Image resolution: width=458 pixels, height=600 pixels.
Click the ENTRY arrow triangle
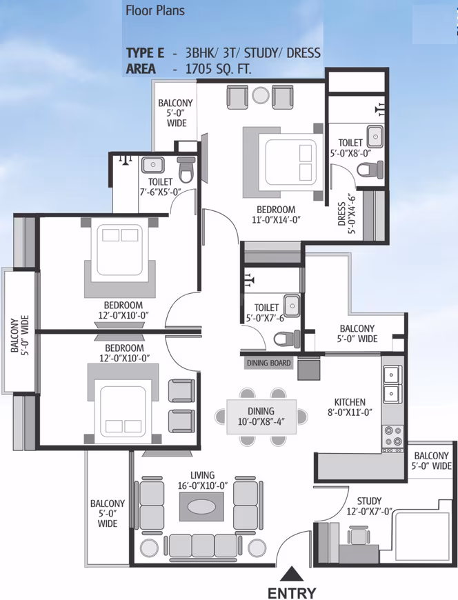coord(292,574)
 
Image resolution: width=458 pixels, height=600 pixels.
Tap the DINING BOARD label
coord(268,363)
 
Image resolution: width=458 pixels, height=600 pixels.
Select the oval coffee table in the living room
coord(201,507)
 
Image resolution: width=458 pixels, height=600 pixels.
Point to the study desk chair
coord(359,534)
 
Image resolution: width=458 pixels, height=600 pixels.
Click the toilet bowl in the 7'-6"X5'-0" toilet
coord(186,170)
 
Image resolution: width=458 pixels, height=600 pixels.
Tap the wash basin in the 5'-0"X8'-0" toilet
coord(375,137)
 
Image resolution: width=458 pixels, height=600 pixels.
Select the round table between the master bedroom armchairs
coord(261,95)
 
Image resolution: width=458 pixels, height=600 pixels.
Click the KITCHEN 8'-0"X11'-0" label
coord(350,407)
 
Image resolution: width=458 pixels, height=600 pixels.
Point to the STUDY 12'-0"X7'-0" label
coord(369,506)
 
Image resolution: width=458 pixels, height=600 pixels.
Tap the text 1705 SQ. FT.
coord(218,69)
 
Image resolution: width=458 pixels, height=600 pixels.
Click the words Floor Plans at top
coord(155,10)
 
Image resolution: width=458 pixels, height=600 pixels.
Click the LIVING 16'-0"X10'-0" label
coord(202,480)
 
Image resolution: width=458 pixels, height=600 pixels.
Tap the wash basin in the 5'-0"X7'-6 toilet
coord(292,306)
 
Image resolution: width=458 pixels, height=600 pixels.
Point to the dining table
coord(261,417)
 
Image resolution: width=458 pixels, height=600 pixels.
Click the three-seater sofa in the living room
coord(203,546)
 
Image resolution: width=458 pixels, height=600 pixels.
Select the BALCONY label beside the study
coord(431,461)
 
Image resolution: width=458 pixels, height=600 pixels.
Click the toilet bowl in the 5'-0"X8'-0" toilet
coord(370,169)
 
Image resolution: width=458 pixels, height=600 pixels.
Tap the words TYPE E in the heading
coord(145,52)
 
